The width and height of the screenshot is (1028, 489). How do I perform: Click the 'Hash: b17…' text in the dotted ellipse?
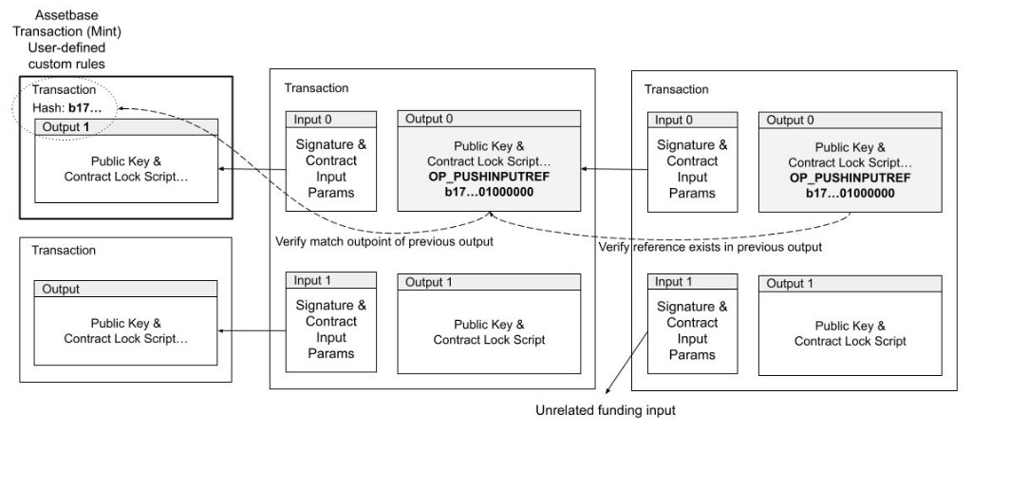click(x=66, y=108)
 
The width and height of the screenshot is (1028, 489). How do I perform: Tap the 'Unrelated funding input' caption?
click(x=606, y=411)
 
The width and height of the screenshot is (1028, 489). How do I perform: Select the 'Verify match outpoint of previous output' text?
click(x=384, y=242)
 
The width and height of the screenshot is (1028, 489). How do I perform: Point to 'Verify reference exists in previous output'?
click(x=710, y=247)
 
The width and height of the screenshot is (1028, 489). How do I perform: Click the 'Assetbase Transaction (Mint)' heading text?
click(x=66, y=23)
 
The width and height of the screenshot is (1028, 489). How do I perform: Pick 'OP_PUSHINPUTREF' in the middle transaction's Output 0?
click(x=489, y=177)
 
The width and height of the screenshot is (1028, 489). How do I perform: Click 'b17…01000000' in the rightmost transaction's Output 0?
click(x=850, y=194)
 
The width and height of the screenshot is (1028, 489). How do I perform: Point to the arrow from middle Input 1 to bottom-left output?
click(x=252, y=331)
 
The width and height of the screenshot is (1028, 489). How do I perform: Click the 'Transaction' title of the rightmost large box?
click(x=677, y=90)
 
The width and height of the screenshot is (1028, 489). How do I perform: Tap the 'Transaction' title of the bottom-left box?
click(x=64, y=251)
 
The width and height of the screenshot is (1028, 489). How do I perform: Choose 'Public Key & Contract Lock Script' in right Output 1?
click(x=850, y=333)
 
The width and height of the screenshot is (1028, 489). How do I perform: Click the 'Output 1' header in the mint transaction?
click(x=65, y=127)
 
